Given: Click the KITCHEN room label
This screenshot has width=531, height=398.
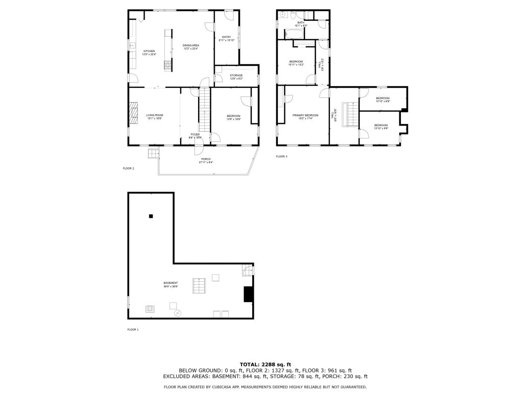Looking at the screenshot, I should point(149,52).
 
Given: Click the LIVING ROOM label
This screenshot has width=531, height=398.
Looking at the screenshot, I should point(154,116).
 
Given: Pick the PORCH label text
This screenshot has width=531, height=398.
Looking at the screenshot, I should point(206,160).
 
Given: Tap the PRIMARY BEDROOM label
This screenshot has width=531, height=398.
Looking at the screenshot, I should point(305,116).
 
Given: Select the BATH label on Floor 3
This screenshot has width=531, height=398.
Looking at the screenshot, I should point(301,23).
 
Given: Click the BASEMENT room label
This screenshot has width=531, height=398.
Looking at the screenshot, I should point(171,284).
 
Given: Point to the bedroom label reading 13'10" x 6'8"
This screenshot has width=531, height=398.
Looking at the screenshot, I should point(382,99).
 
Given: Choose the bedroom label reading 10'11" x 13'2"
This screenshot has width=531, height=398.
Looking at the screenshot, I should point(296,63).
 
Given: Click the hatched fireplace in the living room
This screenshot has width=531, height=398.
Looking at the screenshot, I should point(133,113).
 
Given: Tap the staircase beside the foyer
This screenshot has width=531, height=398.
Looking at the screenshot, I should point(204,110).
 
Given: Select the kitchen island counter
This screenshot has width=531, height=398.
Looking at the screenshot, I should point(167,49).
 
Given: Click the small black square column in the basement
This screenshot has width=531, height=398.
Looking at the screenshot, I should point(151,216).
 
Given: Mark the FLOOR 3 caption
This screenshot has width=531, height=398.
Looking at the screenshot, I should point(281,156).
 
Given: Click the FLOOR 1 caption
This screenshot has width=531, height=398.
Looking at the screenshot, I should point(133,329).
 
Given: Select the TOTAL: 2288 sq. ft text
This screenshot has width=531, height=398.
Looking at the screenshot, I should point(265,364).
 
